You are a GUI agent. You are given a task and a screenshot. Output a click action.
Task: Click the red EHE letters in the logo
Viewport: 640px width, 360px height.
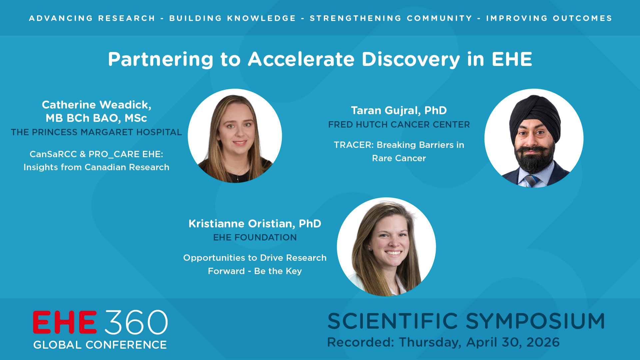pos(65,322)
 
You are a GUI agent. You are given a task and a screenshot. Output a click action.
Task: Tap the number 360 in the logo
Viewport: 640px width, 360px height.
pos(136,322)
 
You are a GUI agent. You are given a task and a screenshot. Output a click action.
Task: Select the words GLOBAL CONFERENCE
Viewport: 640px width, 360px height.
pos(100,345)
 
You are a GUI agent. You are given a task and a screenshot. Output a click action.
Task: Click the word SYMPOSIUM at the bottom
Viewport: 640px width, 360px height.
pos(535,321)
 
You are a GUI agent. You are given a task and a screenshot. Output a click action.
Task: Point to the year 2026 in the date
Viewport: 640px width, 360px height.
pos(543,342)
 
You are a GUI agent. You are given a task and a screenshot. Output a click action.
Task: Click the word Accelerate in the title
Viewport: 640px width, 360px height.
pos(302,59)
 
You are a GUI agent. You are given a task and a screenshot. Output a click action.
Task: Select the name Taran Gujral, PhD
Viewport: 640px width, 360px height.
pos(399,111)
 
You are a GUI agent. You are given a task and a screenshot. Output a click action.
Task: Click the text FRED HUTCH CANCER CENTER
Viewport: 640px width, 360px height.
pos(399,125)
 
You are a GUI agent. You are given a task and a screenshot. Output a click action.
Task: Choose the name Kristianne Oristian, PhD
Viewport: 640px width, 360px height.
pos(255,224)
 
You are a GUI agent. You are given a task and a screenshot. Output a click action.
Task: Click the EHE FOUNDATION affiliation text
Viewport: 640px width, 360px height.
pos(255,237)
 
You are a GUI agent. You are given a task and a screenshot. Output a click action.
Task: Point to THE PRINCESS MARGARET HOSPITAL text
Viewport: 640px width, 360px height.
pos(96,132)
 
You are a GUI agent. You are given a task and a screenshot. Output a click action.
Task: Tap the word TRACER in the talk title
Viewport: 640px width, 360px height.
pos(354,145)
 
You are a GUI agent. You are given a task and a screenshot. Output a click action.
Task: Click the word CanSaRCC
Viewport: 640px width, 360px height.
pos(53,154)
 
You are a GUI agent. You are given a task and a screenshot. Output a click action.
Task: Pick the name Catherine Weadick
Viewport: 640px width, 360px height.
pos(96,105)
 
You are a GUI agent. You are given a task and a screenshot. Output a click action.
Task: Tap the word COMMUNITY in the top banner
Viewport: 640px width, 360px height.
pos(440,18)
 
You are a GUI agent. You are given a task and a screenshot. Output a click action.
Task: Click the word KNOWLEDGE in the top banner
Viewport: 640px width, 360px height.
pos(262,18)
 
